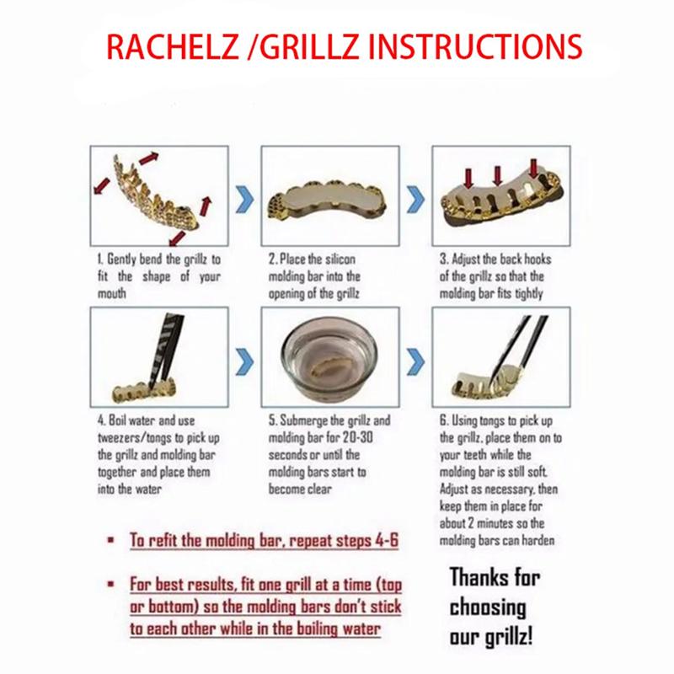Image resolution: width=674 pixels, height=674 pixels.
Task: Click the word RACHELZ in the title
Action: (x=173, y=46)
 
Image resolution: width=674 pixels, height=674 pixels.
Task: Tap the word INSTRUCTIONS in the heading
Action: (x=475, y=46)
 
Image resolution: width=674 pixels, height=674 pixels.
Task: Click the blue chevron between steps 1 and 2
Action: (x=245, y=200)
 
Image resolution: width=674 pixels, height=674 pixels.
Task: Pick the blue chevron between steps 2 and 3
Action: (x=415, y=200)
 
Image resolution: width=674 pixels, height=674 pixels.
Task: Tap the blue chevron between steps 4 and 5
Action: (x=245, y=362)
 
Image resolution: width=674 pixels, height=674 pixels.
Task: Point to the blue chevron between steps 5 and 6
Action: (x=415, y=362)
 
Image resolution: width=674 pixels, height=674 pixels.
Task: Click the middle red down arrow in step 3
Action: (x=498, y=176)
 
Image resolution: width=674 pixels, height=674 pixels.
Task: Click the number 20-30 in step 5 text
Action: (x=357, y=437)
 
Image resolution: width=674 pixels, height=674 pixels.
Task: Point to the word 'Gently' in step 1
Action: (x=121, y=259)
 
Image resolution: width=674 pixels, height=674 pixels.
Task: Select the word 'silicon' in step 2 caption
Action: (x=340, y=259)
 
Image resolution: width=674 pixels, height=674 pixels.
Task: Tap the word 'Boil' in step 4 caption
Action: (x=117, y=420)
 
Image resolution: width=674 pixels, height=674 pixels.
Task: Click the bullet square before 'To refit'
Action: (x=111, y=539)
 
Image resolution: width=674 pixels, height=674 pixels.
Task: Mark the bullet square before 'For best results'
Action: (x=111, y=584)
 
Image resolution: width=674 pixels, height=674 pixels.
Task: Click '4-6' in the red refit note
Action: (x=387, y=540)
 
